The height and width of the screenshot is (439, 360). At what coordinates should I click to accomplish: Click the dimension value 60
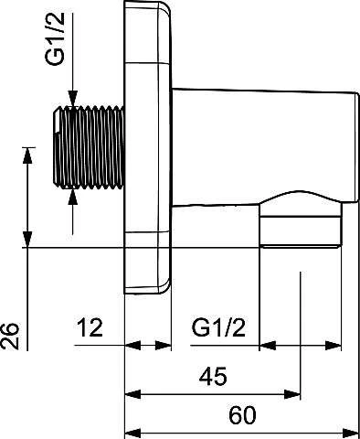pos(242,415)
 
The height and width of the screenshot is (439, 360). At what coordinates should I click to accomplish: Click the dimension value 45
pos(213,376)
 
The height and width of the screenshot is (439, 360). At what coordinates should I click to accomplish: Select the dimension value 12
pos(90,327)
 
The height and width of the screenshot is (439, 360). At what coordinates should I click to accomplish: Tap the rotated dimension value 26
pos(10,336)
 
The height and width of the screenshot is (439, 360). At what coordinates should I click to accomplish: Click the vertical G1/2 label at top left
pos(55,39)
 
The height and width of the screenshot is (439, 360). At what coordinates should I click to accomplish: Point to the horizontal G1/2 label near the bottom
pos(218,327)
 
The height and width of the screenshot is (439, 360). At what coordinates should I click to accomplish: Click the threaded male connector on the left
pos(89,147)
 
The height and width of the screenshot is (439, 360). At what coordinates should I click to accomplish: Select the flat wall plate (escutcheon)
pos(148,147)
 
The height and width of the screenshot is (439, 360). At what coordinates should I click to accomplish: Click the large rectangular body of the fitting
pos(264,146)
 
